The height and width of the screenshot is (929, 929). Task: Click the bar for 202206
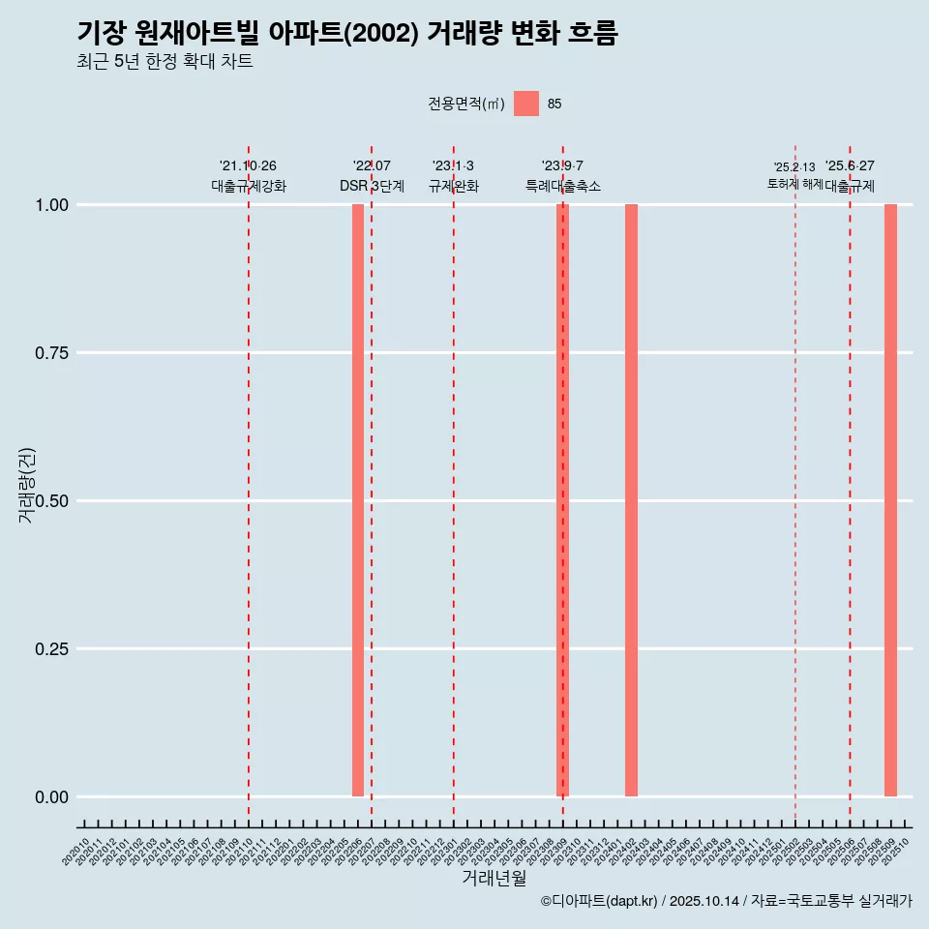coord(358,500)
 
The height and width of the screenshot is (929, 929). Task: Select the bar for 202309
coord(562,500)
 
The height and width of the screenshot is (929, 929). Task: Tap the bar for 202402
coord(631,500)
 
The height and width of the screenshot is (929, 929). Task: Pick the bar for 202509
coord(890,500)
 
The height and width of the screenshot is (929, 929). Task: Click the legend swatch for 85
coord(526,104)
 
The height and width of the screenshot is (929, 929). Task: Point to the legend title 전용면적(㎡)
coord(466,105)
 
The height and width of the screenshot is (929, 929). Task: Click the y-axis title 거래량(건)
coord(26,485)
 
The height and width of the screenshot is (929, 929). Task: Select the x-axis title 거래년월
coord(494,879)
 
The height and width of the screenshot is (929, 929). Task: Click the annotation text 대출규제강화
coord(249,186)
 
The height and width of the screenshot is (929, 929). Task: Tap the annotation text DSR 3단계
coord(372,186)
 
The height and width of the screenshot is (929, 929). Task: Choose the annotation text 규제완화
coord(454,186)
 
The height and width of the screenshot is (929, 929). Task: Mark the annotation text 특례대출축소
coord(563,186)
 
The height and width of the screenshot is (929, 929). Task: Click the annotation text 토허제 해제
coord(794,183)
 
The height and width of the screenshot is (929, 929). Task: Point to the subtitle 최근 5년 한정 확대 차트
coord(165,62)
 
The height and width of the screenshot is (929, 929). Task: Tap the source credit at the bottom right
coord(726,901)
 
